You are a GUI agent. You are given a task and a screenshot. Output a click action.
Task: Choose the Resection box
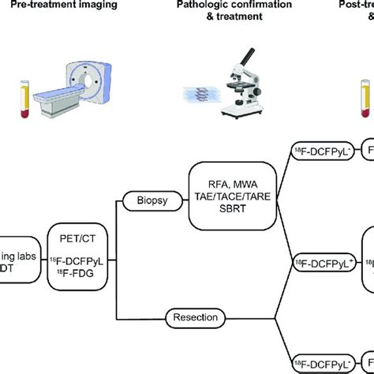(191, 318)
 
